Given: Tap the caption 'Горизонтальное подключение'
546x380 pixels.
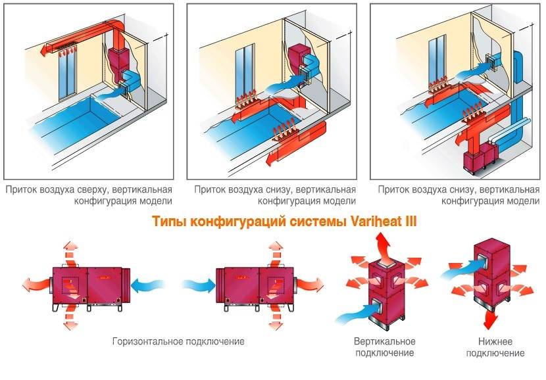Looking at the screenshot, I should (x=178, y=342).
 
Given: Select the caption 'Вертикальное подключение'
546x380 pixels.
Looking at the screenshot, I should (x=384, y=347).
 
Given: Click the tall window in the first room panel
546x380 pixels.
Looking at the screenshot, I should (x=65, y=72).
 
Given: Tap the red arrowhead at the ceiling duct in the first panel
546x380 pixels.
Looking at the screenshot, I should (x=43, y=48).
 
